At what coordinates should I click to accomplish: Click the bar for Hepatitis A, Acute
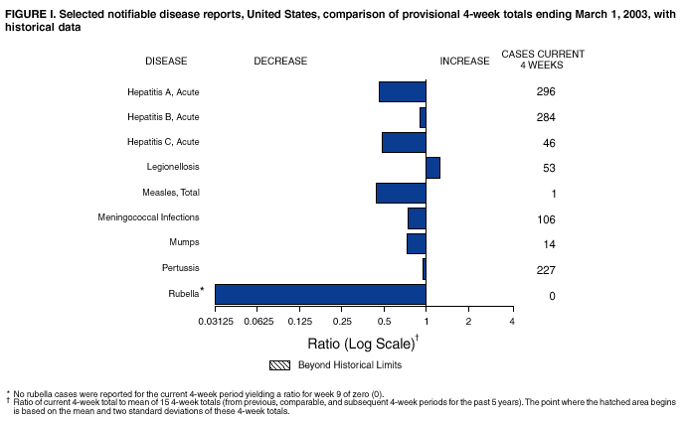coord(402,91)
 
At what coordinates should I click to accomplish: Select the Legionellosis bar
coord(432,167)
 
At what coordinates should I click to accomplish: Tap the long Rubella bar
coord(320,294)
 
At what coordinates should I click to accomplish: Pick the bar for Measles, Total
coord(401,193)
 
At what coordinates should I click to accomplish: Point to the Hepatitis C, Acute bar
coord(404,142)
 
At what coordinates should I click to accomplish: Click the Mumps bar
coord(416,243)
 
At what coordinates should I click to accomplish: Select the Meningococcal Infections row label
coord(148,217)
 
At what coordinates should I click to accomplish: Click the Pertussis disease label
coord(180,268)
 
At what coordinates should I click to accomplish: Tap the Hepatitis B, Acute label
coord(163,117)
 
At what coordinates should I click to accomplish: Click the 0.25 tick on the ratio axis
coord(342,322)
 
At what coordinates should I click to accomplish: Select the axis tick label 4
coord(511,322)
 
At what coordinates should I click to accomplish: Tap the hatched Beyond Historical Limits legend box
coord(279,364)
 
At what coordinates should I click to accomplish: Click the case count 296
coord(545,92)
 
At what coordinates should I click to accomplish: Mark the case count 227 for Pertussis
coord(545,270)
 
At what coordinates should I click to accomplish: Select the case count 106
coord(545,219)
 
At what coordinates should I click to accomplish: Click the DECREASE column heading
coord(280,61)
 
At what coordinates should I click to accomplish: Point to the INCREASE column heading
coord(464,61)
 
